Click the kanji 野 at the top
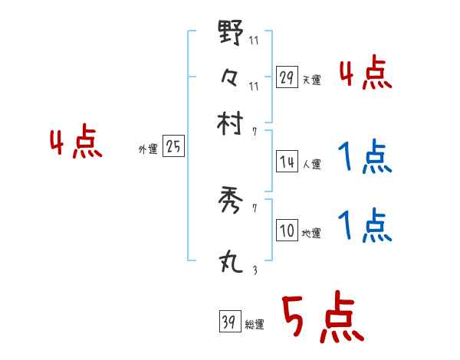point(231,34)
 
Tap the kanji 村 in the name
point(231,122)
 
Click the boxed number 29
point(287,77)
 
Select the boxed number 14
point(287,162)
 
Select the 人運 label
point(311,164)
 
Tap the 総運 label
point(254,324)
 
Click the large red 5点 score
point(321,319)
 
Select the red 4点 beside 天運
point(366,74)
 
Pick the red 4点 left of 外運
point(76,144)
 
